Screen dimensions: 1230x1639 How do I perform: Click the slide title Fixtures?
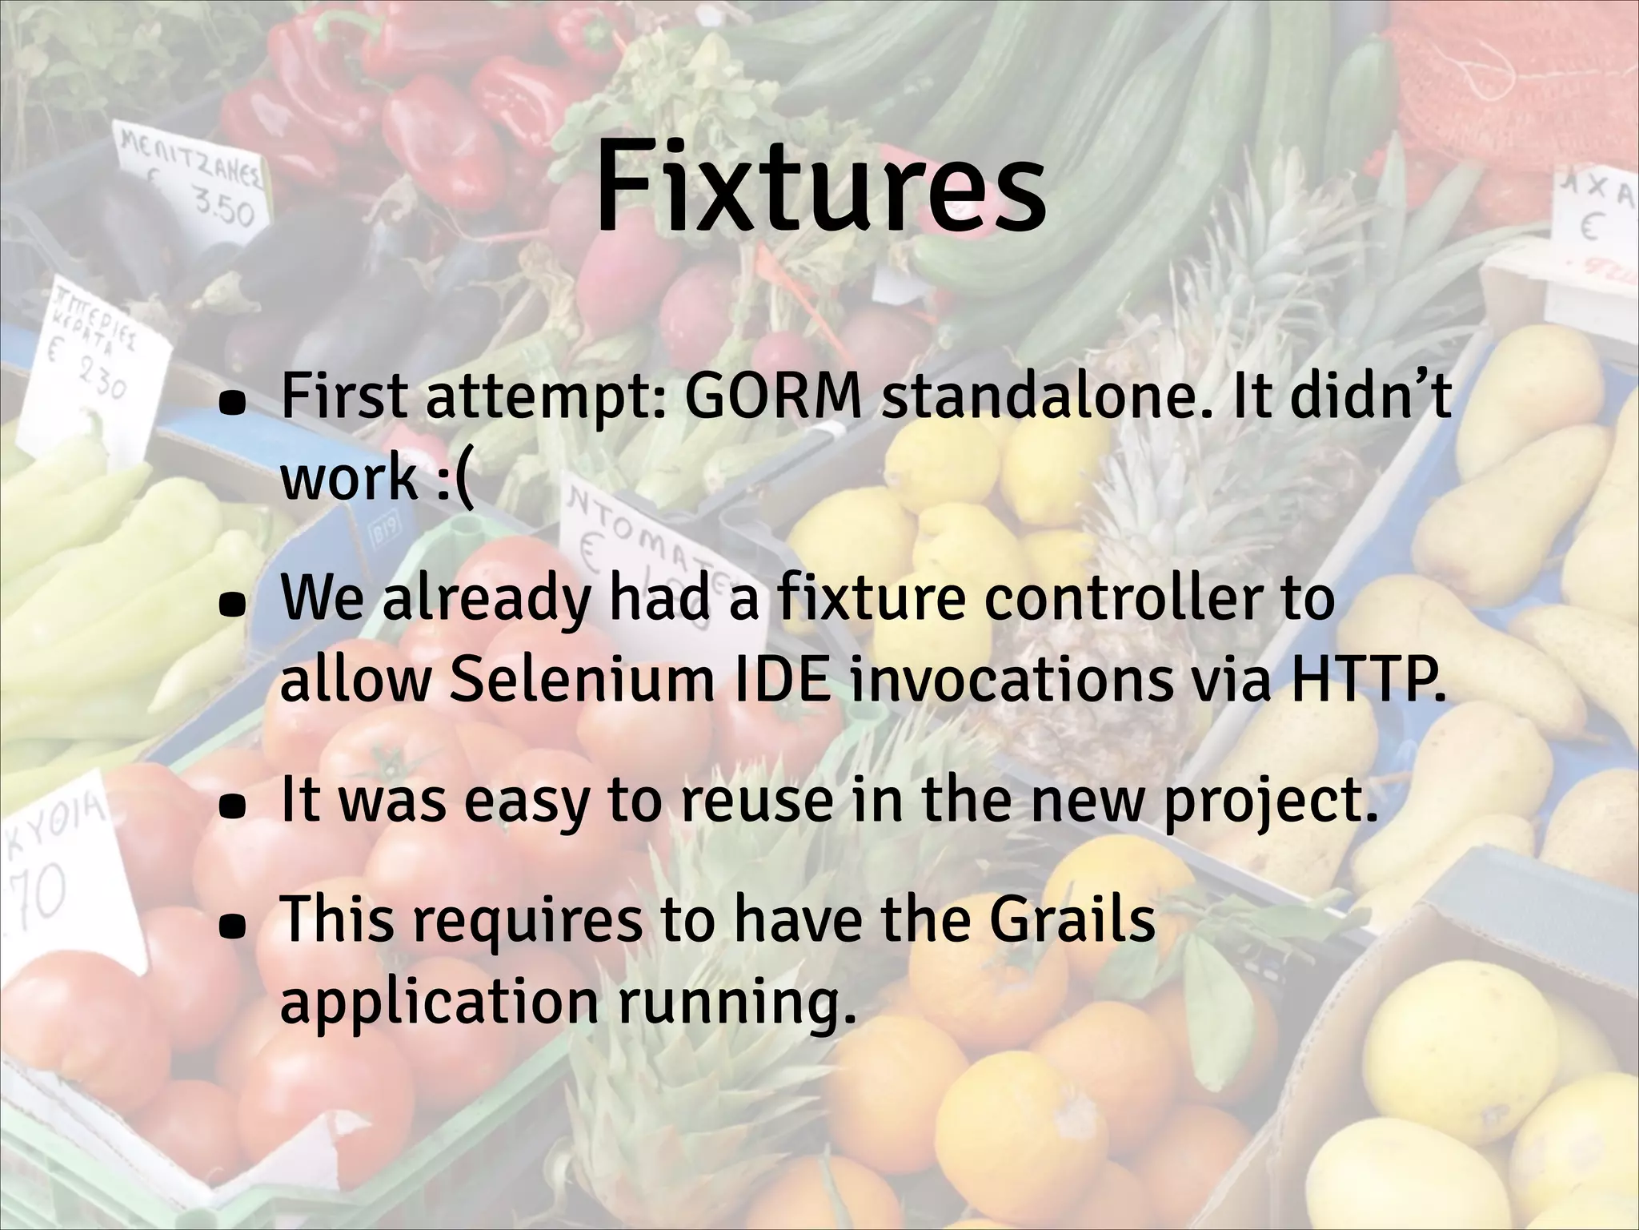[819, 188]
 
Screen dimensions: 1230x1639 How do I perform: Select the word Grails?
[1072, 919]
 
